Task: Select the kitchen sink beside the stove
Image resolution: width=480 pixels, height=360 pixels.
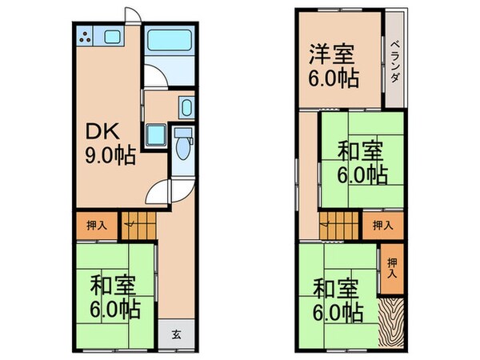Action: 111,37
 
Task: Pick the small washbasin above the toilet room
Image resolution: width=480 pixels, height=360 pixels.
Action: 186,107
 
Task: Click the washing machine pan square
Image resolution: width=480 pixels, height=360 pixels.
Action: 155,135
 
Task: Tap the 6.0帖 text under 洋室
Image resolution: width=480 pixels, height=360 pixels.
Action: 334,80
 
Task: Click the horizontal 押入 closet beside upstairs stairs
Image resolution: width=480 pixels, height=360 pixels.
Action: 382,226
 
